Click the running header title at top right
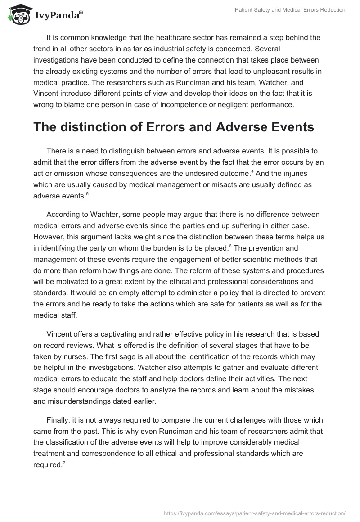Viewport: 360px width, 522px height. (x=290, y=10)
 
